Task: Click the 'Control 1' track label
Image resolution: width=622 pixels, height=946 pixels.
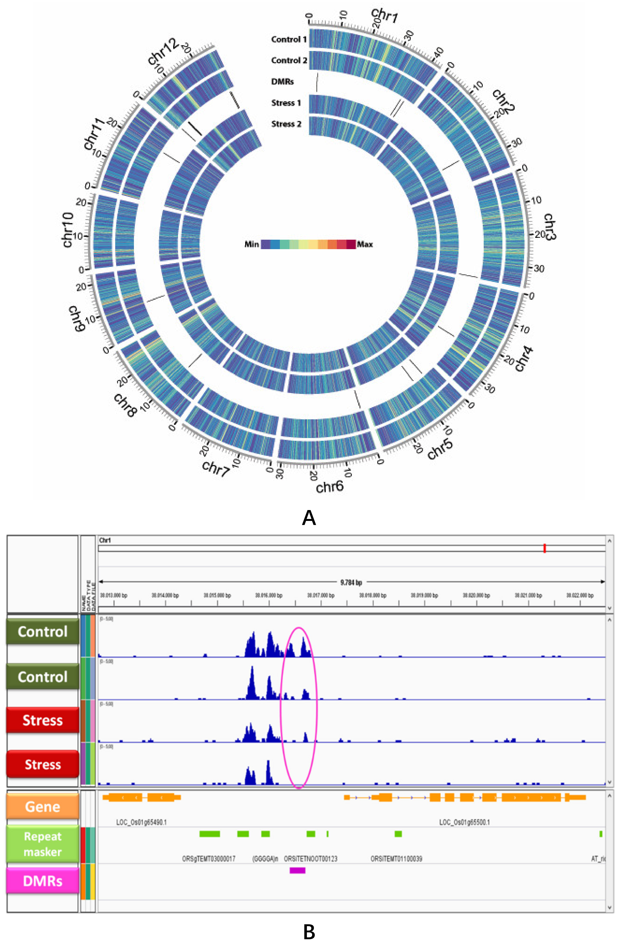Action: point(289,39)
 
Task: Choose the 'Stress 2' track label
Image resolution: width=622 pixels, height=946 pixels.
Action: point(286,124)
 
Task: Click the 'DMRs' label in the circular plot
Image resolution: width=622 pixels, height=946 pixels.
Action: point(283,82)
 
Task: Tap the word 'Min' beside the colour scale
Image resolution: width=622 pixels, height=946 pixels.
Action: point(252,244)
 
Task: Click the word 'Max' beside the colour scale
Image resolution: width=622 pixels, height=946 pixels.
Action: point(365,244)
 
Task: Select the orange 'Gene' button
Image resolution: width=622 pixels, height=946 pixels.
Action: point(42,807)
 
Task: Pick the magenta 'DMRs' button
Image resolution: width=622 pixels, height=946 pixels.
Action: point(42,881)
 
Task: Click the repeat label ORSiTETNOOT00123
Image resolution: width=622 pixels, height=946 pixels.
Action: point(310,858)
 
